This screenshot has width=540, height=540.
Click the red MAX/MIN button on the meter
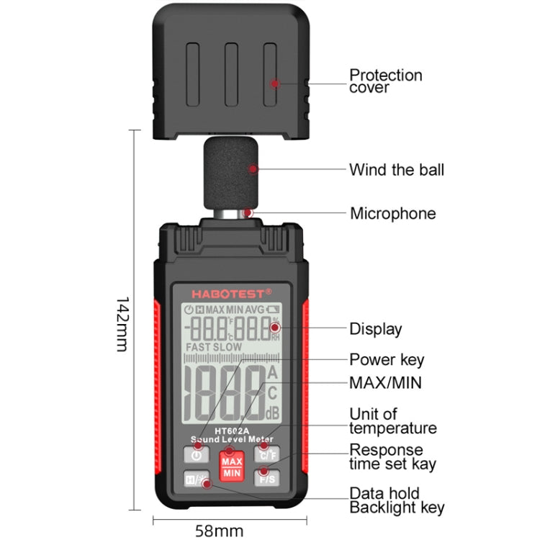[x=232, y=467]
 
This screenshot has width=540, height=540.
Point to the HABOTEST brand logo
[x=231, y=293]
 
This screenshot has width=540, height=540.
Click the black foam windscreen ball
[x=230, y=174]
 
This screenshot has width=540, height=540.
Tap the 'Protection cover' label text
[x=385, y=81]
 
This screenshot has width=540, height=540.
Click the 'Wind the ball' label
[x=396, y=170]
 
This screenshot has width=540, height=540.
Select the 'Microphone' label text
[x=392, y=213]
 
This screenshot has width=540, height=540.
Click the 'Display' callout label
[x=375, y=329]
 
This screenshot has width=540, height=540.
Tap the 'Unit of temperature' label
[x=392, y=421]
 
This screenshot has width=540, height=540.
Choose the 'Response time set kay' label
[x=392, y=457]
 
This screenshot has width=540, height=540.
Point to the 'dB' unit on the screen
[x=273, y=413]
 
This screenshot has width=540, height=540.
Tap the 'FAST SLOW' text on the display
[x=214, y=346]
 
